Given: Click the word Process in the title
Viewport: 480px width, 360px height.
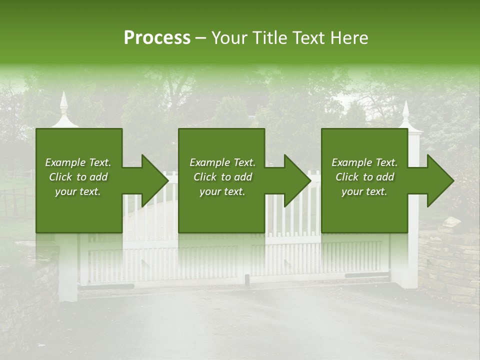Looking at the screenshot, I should pyautogui.click(x=157, y=37).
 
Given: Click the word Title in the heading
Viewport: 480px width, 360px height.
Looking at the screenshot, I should pyautogui.click(x=269, y=37).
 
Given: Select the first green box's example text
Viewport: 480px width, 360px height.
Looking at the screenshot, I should pyautogui.click(x=78, y=177).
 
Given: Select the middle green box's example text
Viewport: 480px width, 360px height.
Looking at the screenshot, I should pyautogui.click(x=222, y=177).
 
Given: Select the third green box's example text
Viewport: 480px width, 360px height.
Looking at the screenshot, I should pyautogui.click(x=364, y=177).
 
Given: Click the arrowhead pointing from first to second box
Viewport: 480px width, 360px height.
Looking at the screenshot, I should pyautogui.click(x=154, y=180).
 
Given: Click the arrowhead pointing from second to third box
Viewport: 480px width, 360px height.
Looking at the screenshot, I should pyautogui.click(x=297, y=180).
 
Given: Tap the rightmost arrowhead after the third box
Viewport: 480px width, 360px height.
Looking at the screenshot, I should pyautogui.click(x=440, y=180).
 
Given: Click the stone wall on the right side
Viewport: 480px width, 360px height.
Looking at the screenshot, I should pyautogui.click(x=448, y=260).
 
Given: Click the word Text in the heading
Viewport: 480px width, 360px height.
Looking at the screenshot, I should pyautogui.click(x=308, y=37).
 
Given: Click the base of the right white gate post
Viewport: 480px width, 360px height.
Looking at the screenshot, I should pyautogui.click(x=410, y=283).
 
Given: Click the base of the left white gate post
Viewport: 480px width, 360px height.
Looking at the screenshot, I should pyautogui.click(x=68, y=295).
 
